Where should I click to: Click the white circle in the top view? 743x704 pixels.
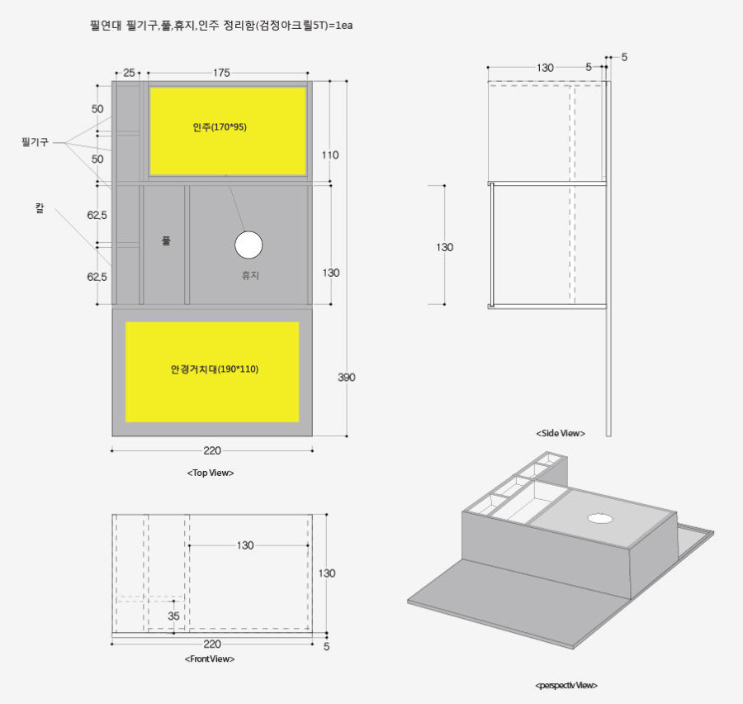(248, 245)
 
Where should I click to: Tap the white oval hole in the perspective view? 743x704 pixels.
(600, 519)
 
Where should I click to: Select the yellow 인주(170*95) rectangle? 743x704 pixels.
(229, 131)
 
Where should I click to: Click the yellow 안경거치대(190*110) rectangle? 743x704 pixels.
(212, 372)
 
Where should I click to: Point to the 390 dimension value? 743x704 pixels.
(347, 377)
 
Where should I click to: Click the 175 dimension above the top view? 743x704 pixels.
(221, 73)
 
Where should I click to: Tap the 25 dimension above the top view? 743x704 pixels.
(129, 73)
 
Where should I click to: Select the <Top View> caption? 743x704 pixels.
(211, 473)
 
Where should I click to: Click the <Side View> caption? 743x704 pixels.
(561, 433)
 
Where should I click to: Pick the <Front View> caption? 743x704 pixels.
(210, 659)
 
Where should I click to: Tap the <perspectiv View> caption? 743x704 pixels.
(566, 685)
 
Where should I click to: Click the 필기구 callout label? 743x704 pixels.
(35, 142)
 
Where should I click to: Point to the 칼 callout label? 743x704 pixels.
(40, 207)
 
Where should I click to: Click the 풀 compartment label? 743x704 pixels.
(166, 240)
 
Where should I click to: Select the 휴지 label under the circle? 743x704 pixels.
(250, 275)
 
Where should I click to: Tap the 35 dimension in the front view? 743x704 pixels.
(173, 616)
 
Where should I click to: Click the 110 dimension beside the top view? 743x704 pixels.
(330, 155)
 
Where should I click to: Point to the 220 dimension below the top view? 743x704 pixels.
(212, 450)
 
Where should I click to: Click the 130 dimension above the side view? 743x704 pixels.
(545, 68)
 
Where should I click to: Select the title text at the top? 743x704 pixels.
(221, 25)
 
